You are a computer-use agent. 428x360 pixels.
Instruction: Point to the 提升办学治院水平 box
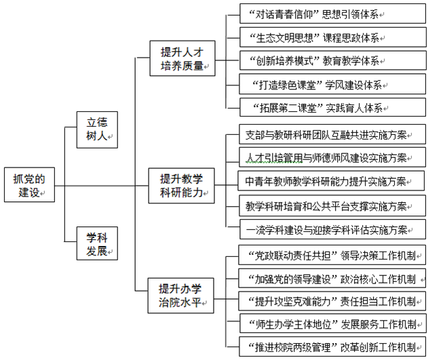181,294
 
